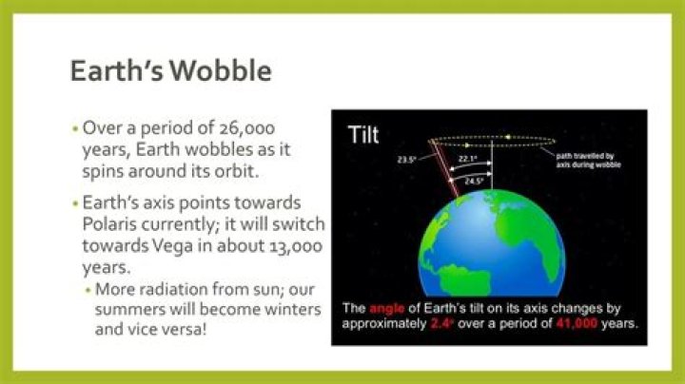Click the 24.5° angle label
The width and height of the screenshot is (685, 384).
473,178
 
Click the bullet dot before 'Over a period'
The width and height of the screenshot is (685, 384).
74,127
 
